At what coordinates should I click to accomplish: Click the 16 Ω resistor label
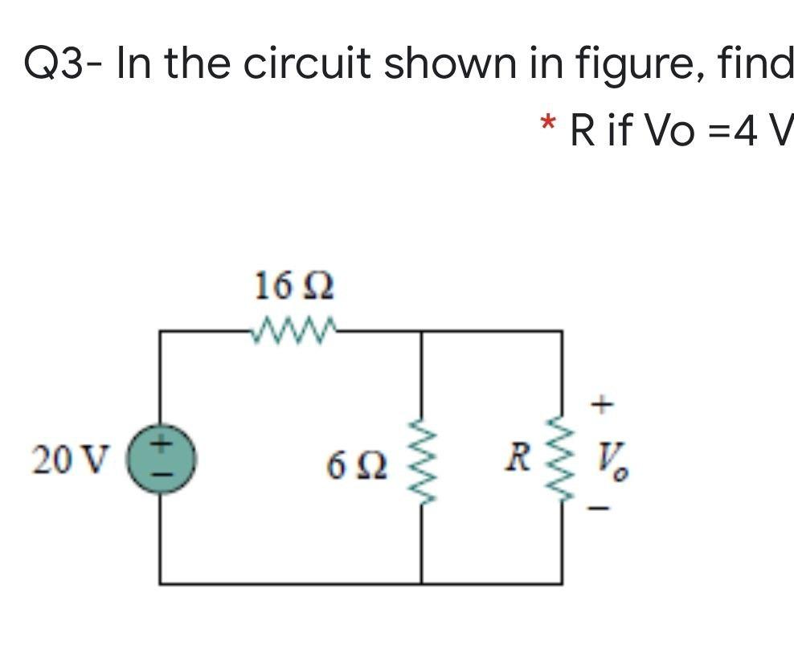coord(293,286)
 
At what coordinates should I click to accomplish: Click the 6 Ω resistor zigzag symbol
coord(422,464)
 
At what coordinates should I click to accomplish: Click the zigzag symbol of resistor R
coord(562,464)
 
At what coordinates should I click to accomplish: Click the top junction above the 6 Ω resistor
coord(422,330)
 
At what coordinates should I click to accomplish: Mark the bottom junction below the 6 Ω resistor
coord(422,583)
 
